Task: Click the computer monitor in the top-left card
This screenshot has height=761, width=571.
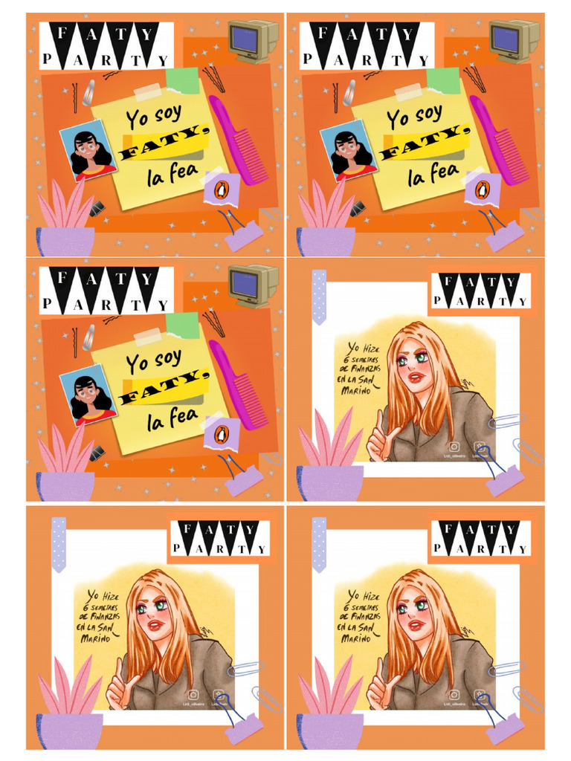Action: (x=252, y=39)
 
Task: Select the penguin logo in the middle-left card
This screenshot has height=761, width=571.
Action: (x=219, y=434)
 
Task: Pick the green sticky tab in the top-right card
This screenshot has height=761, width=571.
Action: (x=445, y=80)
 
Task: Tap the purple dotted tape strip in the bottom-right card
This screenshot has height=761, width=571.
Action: (x=319, y=544)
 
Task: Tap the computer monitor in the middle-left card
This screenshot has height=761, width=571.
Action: (x=252, y=284)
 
